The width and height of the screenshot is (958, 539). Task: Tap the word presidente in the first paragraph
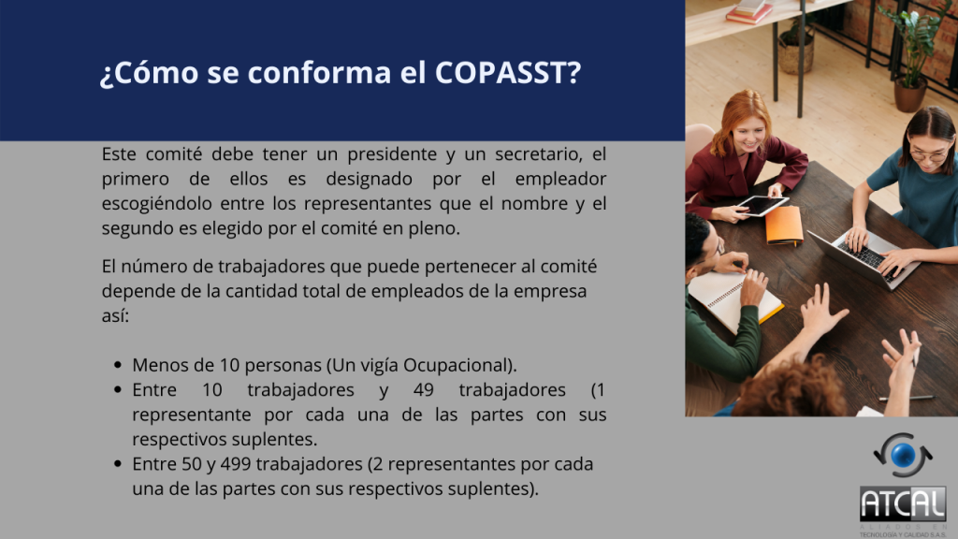point(392,154)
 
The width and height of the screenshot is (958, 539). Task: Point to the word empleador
point(561,180)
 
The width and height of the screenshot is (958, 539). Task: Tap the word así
point(115,316)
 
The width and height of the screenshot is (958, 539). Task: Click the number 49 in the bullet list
point(424,390)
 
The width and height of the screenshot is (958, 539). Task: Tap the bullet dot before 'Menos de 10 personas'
point(118,366)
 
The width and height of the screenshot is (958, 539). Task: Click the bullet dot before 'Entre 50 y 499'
point(118,464)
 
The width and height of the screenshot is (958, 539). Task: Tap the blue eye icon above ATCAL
point(903,456)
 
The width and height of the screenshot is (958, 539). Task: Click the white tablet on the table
point(762,205)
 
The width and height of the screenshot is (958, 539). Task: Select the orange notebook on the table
point(784,225)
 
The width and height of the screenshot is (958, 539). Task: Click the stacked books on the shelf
point(749,11)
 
